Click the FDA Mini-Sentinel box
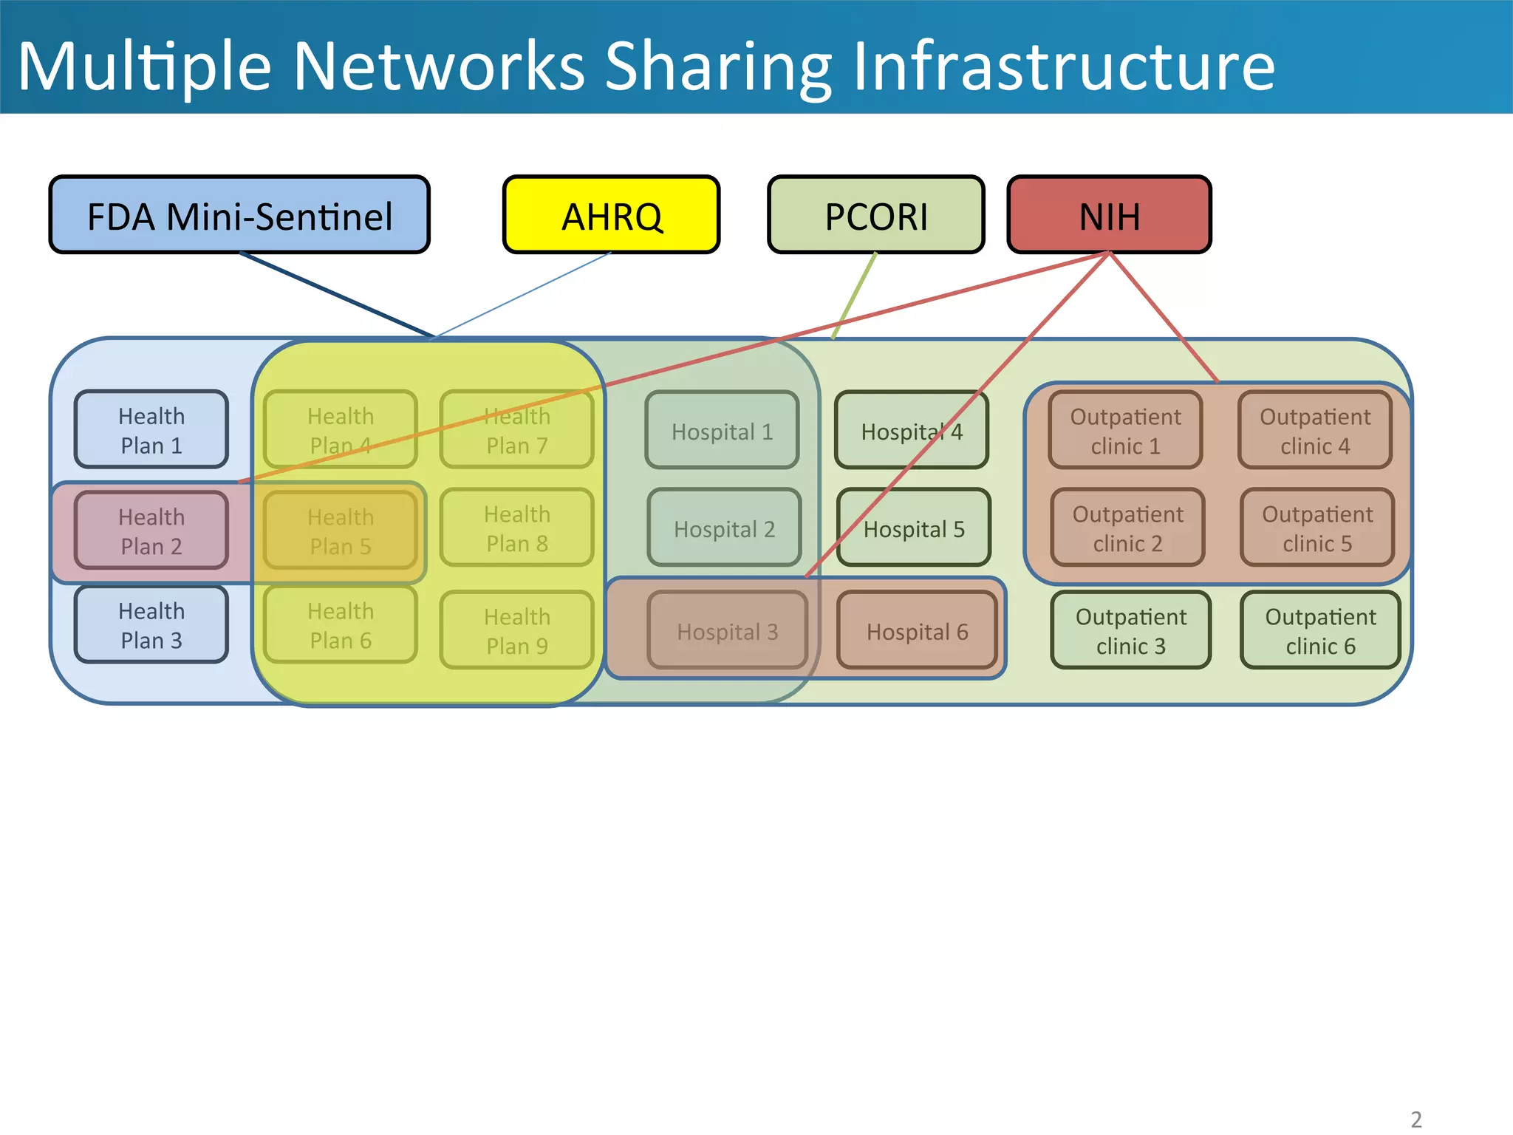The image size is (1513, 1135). pos(239,215)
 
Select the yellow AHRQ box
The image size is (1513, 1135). pos(611,215)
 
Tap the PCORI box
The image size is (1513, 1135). pos(875,215)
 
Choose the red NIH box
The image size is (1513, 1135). pos(1109,215)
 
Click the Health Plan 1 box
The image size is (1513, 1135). pos(151,430)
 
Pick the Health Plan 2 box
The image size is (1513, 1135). pos(151,531)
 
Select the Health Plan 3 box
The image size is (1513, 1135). pos(151,625)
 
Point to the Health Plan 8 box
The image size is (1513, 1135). pos(517,528)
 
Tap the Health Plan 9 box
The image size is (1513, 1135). pos(517,630)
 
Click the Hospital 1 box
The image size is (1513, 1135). pos(722,431)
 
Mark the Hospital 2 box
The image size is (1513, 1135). pos(724,528)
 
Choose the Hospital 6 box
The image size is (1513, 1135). pos(917,631)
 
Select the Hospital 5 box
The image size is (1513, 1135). pos(914,528)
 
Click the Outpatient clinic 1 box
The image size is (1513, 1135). pos(1125,431)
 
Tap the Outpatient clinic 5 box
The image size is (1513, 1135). pos(1317,528)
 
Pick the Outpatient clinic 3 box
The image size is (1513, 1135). pos(1130,630)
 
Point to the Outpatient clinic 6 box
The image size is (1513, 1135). pos(1320,630)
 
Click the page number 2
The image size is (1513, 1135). pos(1415,1119)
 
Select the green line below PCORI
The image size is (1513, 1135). pos(855,296)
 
